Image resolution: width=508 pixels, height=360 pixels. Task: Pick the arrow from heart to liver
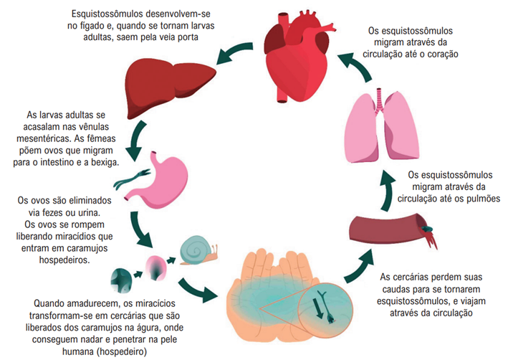(234, 52)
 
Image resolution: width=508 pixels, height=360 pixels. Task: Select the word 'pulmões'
(483, 199)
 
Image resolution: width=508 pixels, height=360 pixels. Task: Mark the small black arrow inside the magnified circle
(320, 309)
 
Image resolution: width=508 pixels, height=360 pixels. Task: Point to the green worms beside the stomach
(131, 179)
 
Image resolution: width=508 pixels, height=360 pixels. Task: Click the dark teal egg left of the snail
(121, 280)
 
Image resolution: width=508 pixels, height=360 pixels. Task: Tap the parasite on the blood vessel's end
(427, 229)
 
